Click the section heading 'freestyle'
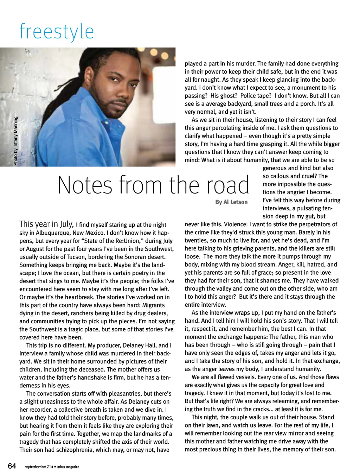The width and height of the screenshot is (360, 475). tap(57, 32)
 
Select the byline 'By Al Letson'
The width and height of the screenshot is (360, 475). tap(231, 202)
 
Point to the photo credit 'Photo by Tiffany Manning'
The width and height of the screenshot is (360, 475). tap(15, 141)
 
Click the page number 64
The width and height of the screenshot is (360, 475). tap(12, 466)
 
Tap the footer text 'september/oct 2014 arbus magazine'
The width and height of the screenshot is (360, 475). tap(52, 467)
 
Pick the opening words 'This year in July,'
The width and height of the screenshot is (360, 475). tap(46, 224)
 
